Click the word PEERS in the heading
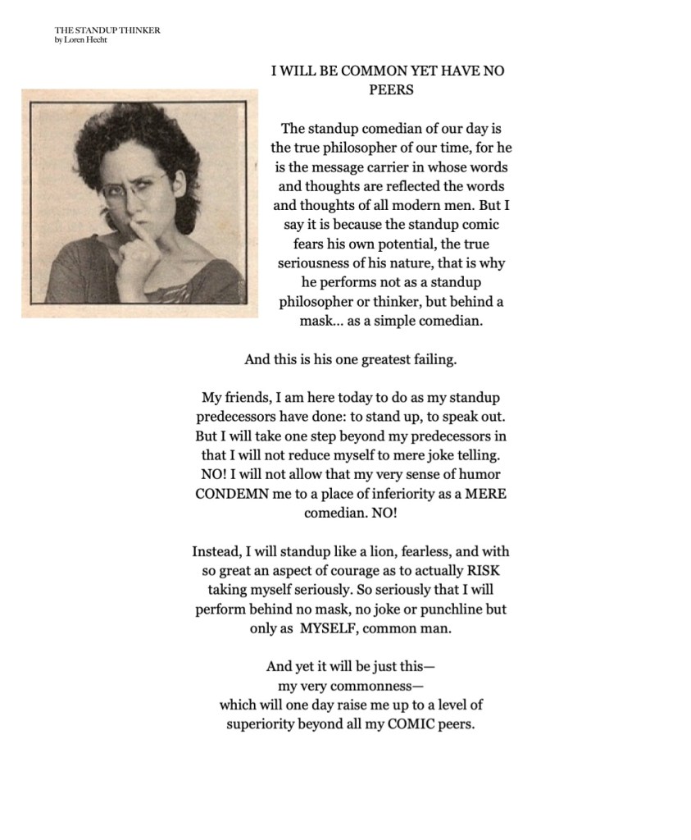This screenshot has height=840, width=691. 387,90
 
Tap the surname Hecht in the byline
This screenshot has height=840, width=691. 96,40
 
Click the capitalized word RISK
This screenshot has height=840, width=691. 482,571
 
